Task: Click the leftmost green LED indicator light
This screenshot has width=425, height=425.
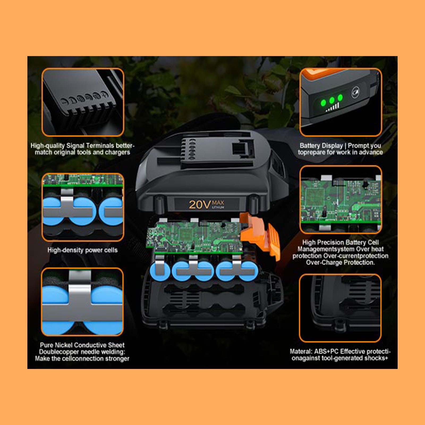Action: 323,103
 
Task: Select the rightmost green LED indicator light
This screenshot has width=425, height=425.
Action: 340,97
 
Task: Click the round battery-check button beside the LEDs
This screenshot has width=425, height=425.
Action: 355,93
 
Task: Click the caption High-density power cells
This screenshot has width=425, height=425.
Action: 82,250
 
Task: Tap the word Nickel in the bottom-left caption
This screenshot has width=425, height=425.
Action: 63,345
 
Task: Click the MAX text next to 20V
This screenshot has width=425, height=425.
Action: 218,203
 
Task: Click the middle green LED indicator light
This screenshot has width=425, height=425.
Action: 332,100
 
